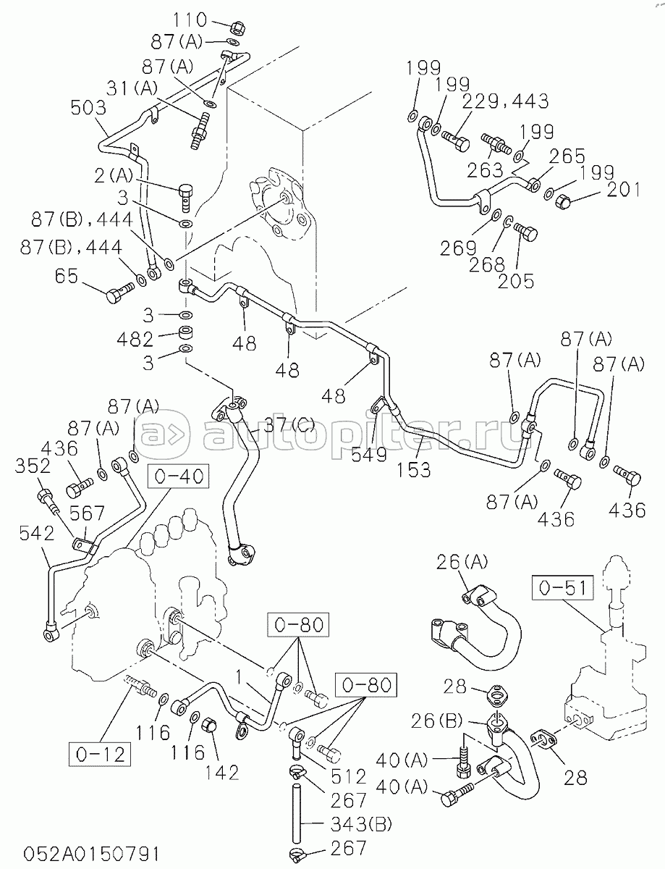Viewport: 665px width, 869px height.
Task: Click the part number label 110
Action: pos(190,20)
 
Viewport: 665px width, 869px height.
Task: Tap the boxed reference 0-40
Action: pos(180,477)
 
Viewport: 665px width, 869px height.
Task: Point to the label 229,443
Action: pos(505,101)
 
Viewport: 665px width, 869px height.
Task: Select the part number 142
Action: pos(220,772)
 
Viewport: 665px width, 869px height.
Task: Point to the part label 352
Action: pos(33,465)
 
